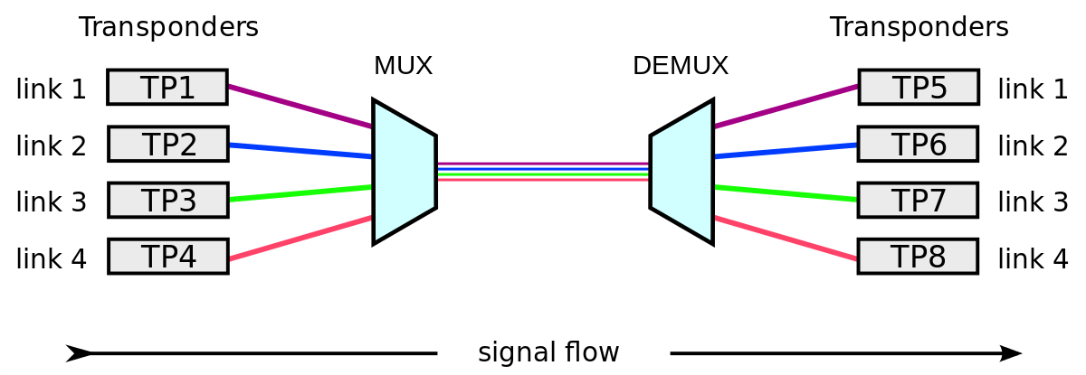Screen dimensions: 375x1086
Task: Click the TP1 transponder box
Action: [167, 88]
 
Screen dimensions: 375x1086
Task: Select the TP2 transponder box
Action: [168, 144]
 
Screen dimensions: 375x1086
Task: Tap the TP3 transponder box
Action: [168, 200]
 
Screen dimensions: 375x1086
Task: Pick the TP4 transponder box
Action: [168, 256]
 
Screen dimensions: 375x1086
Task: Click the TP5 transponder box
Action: [919, 88]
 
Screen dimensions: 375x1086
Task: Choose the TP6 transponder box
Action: [918, 144]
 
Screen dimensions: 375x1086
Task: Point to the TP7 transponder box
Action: [918, 200]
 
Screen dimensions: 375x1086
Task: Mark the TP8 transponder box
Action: [918, 256]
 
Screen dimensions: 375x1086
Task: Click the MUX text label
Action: [403, 66]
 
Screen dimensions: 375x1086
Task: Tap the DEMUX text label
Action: [680, 66]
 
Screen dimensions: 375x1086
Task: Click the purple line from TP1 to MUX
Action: [299, 107]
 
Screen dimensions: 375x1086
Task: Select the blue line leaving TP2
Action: [299, 151]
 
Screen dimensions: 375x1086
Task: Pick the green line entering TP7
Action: [786, 193]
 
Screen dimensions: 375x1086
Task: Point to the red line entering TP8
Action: [786, 239]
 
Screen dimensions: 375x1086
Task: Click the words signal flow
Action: [548, 352]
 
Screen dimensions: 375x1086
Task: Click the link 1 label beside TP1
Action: [52, 89]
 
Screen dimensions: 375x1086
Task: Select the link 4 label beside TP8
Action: [1033, 260]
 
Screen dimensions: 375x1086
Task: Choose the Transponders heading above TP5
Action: [919, 27]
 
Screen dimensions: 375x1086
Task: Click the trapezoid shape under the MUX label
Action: [405, 172]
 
